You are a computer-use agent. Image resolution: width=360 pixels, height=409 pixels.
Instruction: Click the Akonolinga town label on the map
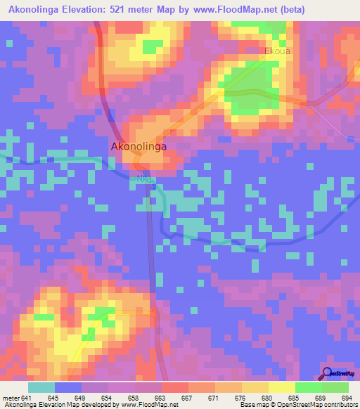pyautogui.click(x=141, y=146)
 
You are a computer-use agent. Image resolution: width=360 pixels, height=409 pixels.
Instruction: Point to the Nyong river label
pyautogui.click(x=144, y=180)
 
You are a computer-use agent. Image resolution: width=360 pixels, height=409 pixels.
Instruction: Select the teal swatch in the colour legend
pyautogui.click(x=41, y=387)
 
